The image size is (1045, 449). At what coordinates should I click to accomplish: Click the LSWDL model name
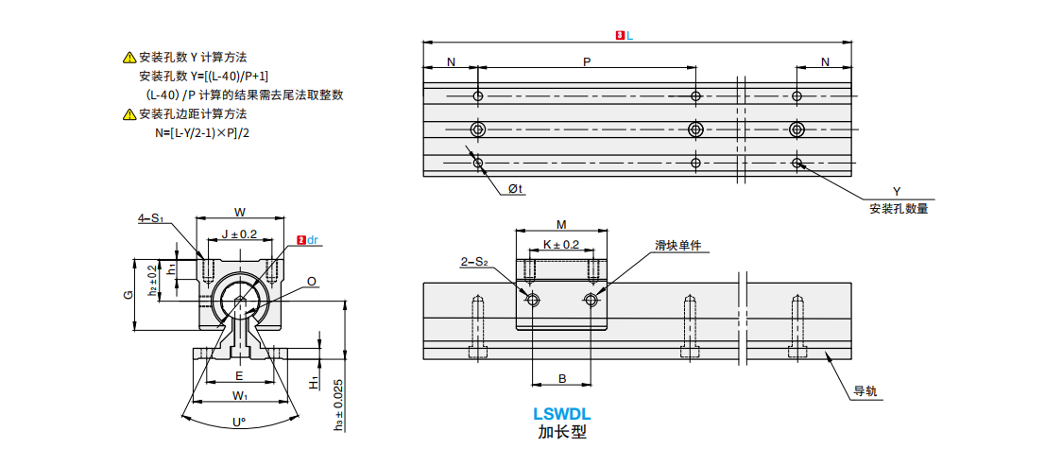[x=561, y=413]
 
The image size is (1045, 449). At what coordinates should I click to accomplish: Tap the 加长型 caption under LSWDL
[x=562, y=432]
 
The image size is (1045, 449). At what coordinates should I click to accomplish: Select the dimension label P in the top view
[x=587, y=62]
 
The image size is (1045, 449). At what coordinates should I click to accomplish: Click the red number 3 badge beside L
[x=619, y=35]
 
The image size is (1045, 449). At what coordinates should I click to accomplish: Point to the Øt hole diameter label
[x=515, y=189]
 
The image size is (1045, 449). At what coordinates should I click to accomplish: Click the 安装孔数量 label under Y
[x=898, y=209]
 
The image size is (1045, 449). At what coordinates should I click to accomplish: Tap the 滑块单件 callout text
[x=678, y=246]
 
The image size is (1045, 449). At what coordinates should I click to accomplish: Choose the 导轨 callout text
[x=865, y=390]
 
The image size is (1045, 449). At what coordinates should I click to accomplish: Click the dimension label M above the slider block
[x=561, y=225]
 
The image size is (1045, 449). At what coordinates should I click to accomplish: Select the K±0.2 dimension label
[x=561, y=244]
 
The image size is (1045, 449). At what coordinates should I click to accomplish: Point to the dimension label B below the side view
[x=561, y=379]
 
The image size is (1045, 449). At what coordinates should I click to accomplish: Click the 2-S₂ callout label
[x=473, y=262]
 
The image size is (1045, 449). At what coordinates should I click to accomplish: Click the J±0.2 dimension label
[x=239, y=234]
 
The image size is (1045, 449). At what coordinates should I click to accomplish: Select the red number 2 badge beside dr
[x=300, y=240]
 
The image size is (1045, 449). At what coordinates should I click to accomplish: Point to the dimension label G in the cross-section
[x=128, y=295]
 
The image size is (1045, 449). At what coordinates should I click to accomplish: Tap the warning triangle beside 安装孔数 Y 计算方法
[x=129, y=58]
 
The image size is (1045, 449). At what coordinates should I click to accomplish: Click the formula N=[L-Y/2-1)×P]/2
[x=202, y=133]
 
